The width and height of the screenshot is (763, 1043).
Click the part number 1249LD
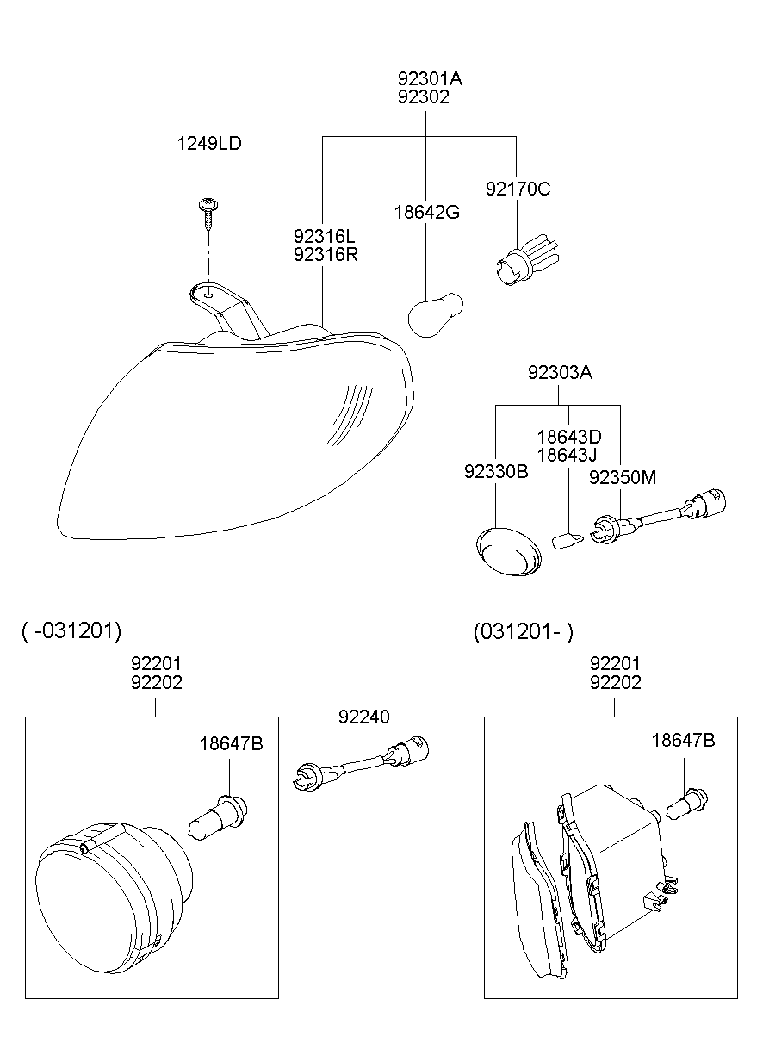coord(209,144)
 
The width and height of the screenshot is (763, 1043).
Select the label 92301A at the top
coord(430,78)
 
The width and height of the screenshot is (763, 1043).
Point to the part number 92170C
coord(517,189)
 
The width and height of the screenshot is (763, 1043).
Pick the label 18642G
coord(427,212)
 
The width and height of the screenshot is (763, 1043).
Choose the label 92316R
coord(325,254)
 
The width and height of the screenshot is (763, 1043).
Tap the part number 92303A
coord(560,373)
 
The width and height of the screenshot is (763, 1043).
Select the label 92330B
coord(496,472)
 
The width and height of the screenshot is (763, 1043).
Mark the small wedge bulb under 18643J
coord(566,541)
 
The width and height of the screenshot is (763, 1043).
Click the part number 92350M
coord(622,476)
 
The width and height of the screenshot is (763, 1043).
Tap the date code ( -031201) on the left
coord(71,630)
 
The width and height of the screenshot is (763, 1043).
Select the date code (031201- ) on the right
coord(523,631)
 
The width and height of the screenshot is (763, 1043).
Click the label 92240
coord(363,717)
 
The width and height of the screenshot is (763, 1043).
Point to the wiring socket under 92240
coord(362,763)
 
